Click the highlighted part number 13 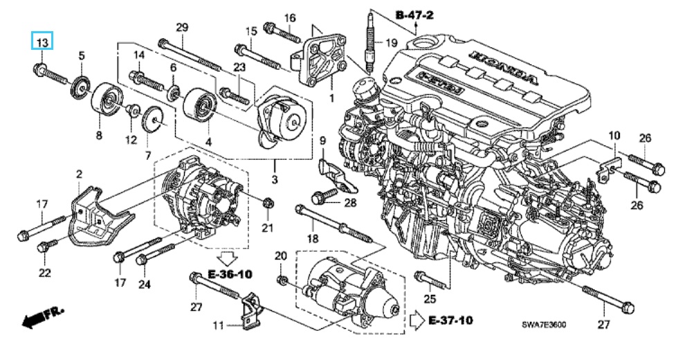coord(42,43)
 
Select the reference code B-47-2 coord(414,15)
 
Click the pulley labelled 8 coord(105,100)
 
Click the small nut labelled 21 coord(269,202)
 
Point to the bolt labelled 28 coord(321,197)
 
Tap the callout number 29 coord(182,28)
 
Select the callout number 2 coord(79,174)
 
